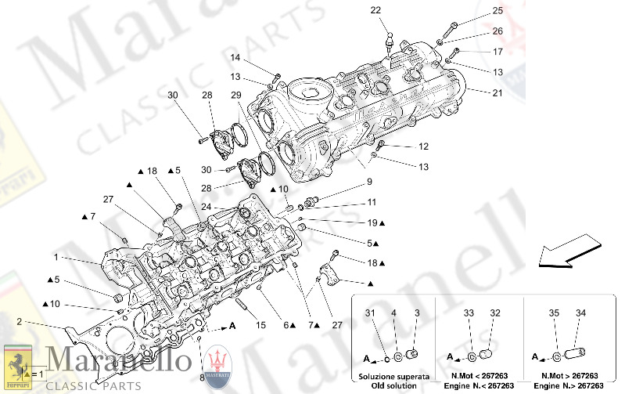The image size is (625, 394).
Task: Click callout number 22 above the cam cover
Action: point(375,10)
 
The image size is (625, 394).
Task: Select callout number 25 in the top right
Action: point(497,11)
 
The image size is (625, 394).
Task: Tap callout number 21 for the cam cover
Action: point(497,93)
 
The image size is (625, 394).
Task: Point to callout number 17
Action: point(497,52)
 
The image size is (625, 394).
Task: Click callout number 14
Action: point(235,58)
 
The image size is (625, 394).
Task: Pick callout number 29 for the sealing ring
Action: point(235,95)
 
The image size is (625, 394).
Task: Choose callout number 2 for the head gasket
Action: point(19,321)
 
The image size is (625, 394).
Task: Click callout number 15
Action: point(262,325)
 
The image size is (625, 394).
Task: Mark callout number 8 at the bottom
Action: point(201,377)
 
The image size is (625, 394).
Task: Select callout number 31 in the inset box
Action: point(370,314)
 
